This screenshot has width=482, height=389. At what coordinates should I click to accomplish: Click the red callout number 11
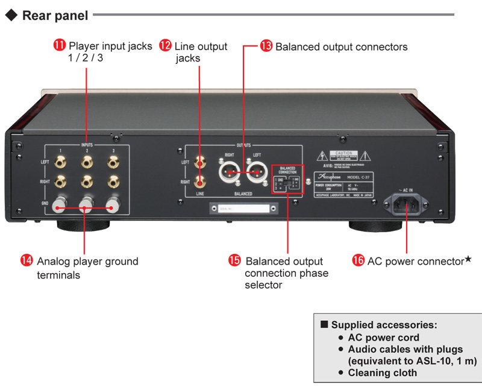tap(60, 45)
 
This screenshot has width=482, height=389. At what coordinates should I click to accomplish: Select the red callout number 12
tap(165, 45)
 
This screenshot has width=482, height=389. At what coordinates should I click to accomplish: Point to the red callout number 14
tap(27, 261)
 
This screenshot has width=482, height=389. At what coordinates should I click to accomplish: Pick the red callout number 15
tap(234, 261)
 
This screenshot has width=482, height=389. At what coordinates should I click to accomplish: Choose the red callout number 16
tap(358, 261)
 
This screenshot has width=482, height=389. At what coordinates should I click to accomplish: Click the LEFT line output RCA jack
tap(199, 162)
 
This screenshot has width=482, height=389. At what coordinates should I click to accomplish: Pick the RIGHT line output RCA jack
tap(199, 180)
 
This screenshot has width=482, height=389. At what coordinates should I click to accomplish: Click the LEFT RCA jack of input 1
tap(60, 162)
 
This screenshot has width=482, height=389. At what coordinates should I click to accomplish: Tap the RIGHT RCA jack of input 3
tap(112, 181)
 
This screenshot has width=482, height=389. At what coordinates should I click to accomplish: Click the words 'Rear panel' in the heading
tap(55, 15)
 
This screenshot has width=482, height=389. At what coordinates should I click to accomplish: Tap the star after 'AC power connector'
tap(468, 259)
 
